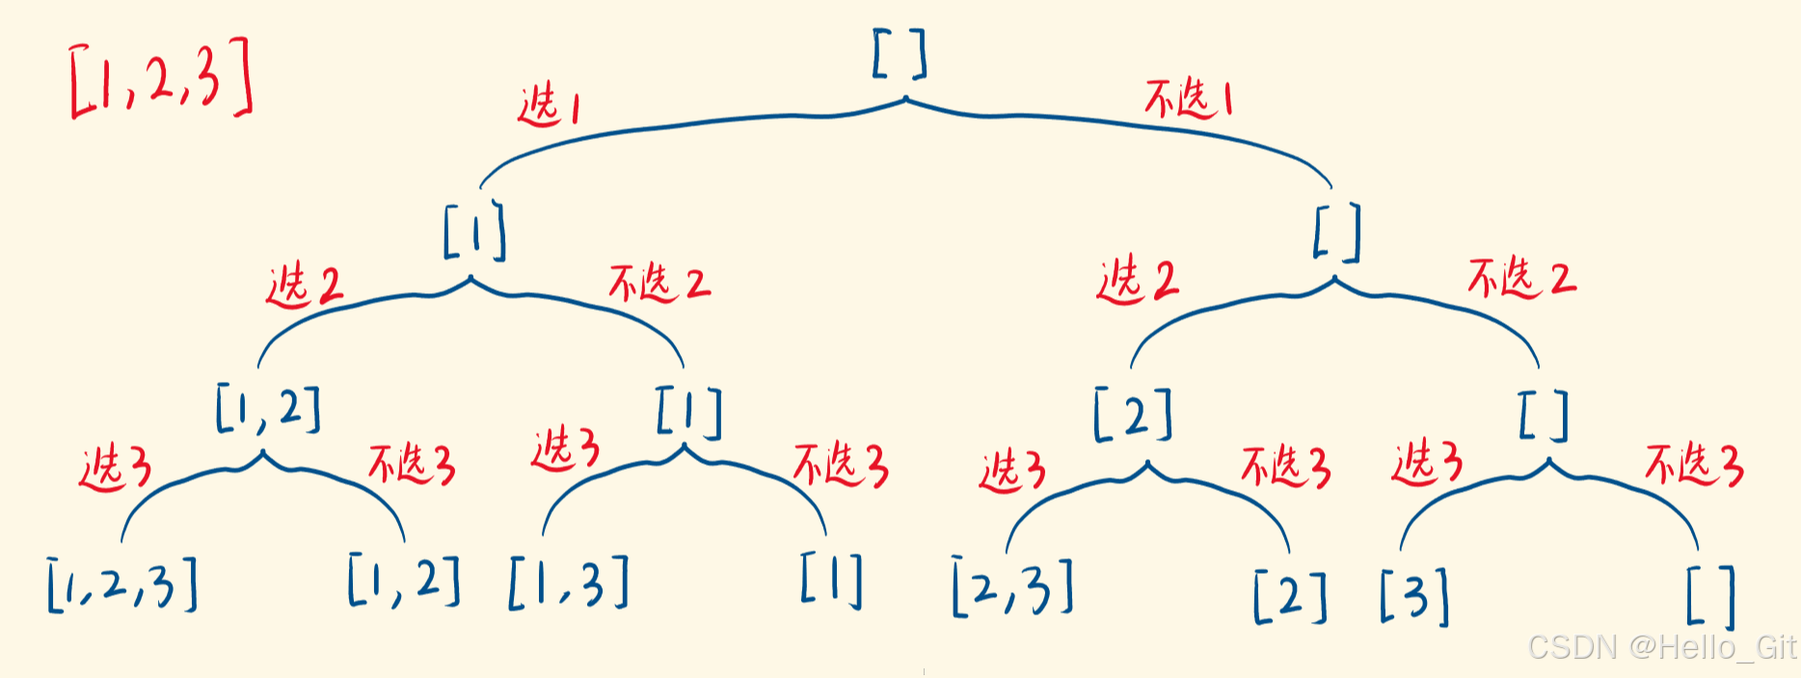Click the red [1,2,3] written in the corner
pos(162,79)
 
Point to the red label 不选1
pos(1188,99)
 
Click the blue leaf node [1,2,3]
pos(122,584)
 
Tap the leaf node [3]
pos(1414,596)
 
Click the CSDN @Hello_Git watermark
pos(1662,646)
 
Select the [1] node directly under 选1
pos(474,231)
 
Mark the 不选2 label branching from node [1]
pos(659,284)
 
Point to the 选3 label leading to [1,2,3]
pos(116,468)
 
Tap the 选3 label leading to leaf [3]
pos(1427,462)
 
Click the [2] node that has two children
pos(1134,415)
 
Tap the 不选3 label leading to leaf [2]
pos(1285,467)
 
